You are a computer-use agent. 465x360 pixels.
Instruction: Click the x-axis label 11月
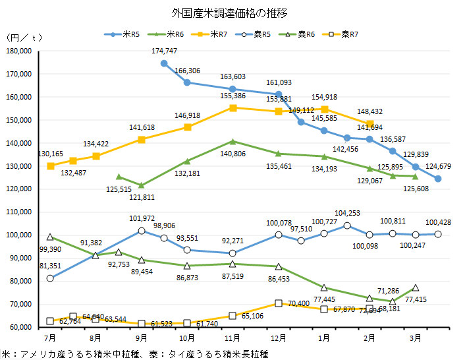pyautogui.click(x=232, y=338)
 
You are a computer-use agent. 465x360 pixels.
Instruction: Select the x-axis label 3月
pyautogui.click(x=416, y=338)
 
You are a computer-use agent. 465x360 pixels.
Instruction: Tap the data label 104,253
pyautogui.click(x=348, y=213)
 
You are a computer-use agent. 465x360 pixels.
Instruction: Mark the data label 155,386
pyautogui.click(x=232, y=96)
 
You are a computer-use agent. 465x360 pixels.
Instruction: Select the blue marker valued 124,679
pyautogui.click(x=438, y=179)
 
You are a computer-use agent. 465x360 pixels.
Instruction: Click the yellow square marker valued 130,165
pyautogui.click(x=51, y=166)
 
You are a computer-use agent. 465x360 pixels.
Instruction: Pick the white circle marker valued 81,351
pyautogui.click(x=51, y=278)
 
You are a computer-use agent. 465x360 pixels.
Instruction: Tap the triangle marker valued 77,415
pyautogui.click(x=416, y=287)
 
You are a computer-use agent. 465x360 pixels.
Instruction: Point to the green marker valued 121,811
pyautogui.click(x=142, y=185)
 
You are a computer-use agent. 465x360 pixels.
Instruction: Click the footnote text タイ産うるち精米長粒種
pyautogui.click(x=218, y=354)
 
